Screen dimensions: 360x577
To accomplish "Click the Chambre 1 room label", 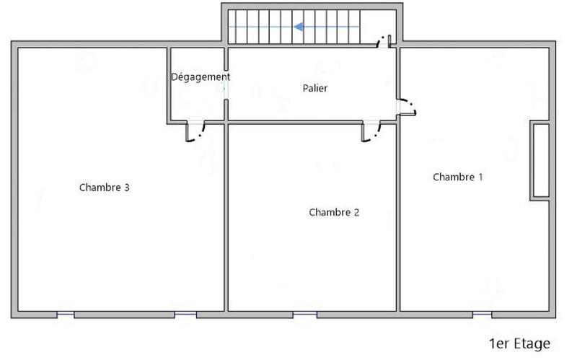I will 457,177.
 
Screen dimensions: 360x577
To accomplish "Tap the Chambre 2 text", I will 334,212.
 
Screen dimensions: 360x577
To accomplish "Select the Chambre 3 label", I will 104,188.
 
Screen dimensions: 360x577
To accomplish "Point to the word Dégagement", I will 201,76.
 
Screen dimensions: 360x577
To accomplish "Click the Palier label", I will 315,88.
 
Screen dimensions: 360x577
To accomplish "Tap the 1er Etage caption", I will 519,343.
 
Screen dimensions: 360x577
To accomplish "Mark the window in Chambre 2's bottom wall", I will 304,314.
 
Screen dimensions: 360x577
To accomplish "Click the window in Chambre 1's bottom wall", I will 483,314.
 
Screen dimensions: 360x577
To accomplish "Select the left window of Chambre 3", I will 65,314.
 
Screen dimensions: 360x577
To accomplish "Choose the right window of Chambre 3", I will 185,314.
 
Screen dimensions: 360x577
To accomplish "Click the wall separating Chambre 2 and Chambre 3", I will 226,216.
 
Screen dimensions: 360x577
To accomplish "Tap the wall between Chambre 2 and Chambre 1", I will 397,216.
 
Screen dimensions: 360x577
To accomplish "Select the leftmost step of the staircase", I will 234,27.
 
